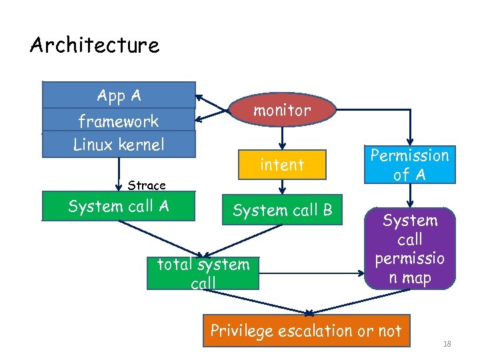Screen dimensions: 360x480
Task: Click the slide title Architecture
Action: click(95, 45)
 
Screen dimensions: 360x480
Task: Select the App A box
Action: click(119, 95)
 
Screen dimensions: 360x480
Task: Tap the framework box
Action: click(119, 121)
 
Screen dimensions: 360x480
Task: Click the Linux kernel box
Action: click(119, 144)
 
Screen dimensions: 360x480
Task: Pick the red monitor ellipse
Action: click(281, 111)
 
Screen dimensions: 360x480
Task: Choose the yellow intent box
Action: click(282, 165)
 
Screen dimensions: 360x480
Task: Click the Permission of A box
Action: click(409, 165)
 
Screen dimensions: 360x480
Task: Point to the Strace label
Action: click(146, 185)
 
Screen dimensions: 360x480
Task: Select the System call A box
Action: click(119, 206)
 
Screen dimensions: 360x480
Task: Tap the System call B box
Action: click(282, 211)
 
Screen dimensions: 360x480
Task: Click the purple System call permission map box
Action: click(410, 249)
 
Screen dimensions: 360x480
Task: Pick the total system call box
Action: click(203, 273)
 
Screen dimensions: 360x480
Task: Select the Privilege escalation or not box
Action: click(306, 331)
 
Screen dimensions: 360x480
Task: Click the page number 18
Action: click(447, 344)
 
